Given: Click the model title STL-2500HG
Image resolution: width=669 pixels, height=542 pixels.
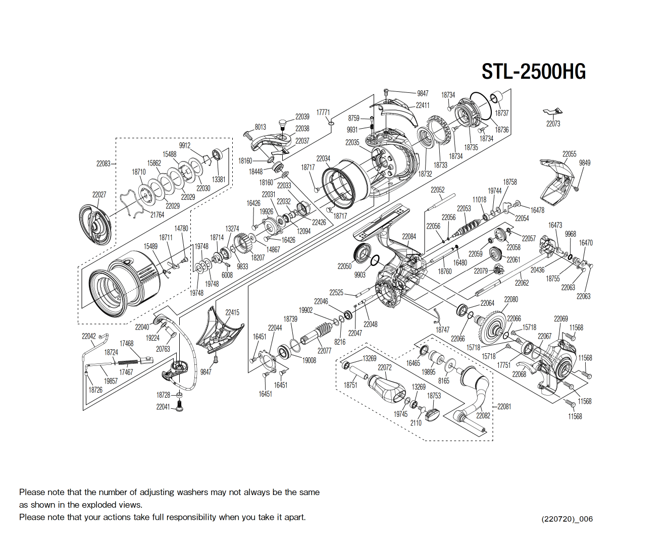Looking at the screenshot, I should click(533, 72).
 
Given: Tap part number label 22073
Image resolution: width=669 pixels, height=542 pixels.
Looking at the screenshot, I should click(553, 124).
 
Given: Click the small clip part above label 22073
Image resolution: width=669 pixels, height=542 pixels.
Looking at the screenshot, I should click(553, 112).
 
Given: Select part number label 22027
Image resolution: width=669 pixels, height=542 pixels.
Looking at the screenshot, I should click(99, 194).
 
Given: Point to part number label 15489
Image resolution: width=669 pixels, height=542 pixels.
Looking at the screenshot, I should click(150, 246).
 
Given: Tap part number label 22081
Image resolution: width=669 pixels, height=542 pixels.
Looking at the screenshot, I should click(504, 406).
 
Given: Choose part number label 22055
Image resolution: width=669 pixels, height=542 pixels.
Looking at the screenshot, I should click(569, 154).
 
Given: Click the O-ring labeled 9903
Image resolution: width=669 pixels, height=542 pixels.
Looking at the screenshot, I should click(375, 260).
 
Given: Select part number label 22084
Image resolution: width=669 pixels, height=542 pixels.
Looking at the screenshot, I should click(409, 236).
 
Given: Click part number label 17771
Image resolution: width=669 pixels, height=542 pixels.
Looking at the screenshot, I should click(323, 113).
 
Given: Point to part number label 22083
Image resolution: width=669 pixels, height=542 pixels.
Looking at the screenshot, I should click(103, 164).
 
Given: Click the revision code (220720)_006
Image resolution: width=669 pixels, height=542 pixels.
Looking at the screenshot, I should click(567, 519).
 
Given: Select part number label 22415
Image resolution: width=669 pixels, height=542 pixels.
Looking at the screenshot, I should click(232, 312).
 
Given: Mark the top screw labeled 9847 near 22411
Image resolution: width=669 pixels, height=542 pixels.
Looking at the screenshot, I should click(386, 92).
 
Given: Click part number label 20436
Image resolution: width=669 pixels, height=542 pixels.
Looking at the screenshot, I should click(537, 270).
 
